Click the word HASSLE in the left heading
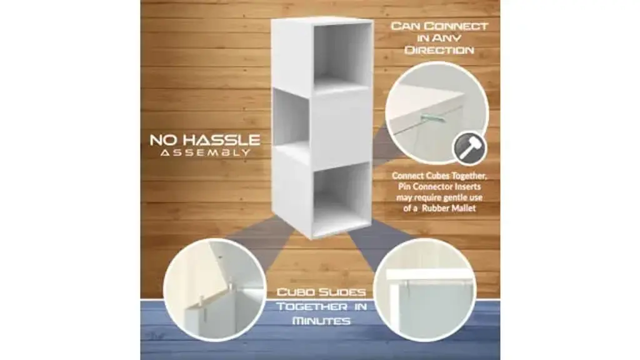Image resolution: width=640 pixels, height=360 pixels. coord(221,141)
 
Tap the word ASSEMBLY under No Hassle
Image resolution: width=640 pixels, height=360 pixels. coord(205,152)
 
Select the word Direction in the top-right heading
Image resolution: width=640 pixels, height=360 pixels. coord(439,50)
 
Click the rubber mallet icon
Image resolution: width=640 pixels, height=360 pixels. coord(469,147)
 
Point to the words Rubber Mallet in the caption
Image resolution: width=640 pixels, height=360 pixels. coord(449,208)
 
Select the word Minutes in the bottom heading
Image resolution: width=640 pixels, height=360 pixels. coord(321,321)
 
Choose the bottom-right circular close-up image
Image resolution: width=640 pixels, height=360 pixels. coord(424,290)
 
